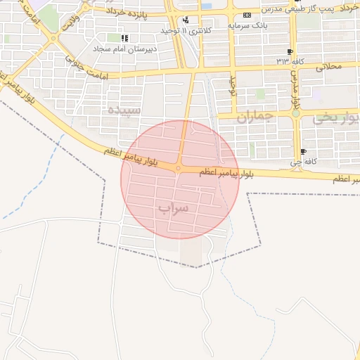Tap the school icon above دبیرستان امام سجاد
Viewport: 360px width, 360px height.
[x=124, y=38]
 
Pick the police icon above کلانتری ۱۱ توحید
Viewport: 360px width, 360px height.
[x=185, y=20]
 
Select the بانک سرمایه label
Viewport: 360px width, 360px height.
[x=247, y=25]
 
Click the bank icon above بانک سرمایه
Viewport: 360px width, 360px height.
[x=246, y=15]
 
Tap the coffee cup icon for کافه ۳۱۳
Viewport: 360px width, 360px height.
[x=290, y=52]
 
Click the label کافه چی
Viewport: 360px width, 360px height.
[x=307, y=162]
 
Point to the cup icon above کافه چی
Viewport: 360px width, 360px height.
[x=303, y=151]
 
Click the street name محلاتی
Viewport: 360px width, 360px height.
[x=329, y=66]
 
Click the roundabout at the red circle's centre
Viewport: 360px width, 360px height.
[x=179, y=168]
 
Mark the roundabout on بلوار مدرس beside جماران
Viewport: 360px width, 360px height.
[x=296, y=112]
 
